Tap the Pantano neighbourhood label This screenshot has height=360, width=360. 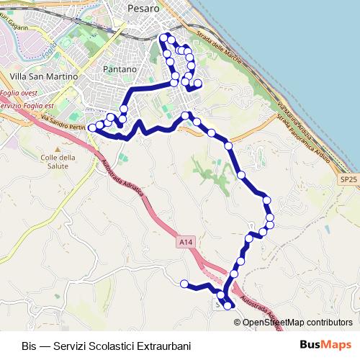[120, 68]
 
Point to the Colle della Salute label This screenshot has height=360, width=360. [58, 162]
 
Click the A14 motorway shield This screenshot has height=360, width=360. [185, 244]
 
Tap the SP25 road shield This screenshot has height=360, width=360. [348, 179]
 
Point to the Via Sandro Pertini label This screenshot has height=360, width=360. [63, 123]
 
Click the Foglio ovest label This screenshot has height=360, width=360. [19, 93]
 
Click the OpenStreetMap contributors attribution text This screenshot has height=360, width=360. [297, 322]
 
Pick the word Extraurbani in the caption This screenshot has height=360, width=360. [166, 346]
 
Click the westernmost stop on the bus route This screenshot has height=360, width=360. [91, 128]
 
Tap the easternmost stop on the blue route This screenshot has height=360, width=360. [271, 217]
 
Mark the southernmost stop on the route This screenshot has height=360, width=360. [228, 306]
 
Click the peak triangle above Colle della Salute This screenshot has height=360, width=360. [57, 148]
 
